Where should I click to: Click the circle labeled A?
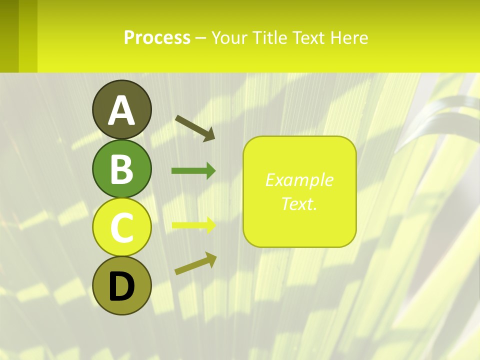click(122, 109)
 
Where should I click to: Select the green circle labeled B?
click(122, 168)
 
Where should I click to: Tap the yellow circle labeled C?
click(122, 227)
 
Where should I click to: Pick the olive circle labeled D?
click(122, 285)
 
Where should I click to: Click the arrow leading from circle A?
click(195, 127)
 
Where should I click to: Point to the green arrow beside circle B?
click(193, 171)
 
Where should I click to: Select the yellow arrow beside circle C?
click(193, 225)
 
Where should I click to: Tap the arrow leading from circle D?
click(195, 263)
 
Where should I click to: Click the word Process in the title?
click(157, 38)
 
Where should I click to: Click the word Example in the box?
click(299, 180)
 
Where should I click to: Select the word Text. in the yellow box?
click(299, 203)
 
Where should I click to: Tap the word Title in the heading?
click(269, 38)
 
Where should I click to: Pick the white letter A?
click(122, 110)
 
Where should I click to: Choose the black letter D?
click(122, 286)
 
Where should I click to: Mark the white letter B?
click(122, 169)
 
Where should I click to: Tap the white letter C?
click(122, 227)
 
